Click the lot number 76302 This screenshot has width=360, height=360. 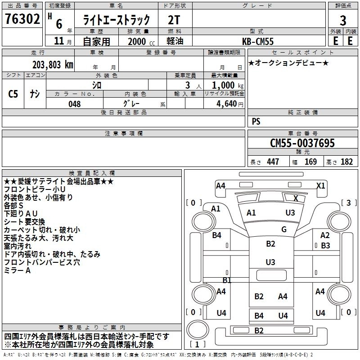tap(22, 20)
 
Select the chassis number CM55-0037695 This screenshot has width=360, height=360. tap(302, 143)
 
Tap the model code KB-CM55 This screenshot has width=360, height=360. tap(258, 41)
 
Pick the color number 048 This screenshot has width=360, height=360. tap(75, 103)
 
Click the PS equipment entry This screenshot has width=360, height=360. tap(256, 121)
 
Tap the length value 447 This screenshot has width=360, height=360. tap(273, 162)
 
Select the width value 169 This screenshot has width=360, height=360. tap(310, 162)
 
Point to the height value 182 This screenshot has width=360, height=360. tap(346, 162)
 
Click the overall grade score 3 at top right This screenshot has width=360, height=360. tap(343, 20)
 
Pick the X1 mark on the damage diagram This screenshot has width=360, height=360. tap(321, 185)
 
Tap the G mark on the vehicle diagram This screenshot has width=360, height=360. tap(283, 229)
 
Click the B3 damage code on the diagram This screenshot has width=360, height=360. tap(325, 246)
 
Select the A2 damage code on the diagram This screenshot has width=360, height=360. tap(325, 235)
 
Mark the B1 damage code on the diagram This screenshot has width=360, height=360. tap(227, 280)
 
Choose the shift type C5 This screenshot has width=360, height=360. tap(13, 94)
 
